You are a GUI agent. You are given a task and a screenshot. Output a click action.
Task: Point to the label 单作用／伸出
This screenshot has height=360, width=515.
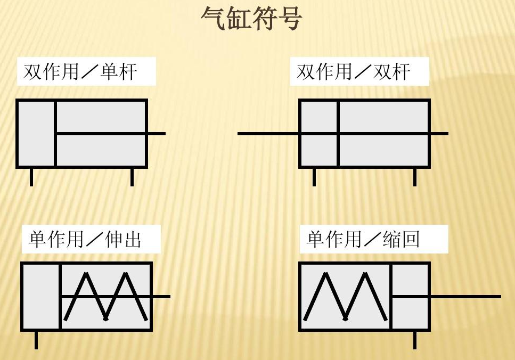[85, 240]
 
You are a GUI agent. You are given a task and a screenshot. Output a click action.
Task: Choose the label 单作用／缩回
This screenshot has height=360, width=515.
[363, 240]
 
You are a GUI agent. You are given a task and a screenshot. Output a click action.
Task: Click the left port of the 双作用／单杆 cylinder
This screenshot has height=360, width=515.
[31, 177]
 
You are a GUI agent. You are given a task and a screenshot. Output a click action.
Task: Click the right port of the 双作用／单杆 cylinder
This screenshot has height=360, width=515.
[132, 177]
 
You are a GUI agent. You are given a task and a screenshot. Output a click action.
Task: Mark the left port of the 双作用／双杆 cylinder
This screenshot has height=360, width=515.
[314, 177]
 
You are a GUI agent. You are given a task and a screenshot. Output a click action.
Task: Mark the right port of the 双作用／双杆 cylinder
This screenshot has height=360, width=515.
[414, 177]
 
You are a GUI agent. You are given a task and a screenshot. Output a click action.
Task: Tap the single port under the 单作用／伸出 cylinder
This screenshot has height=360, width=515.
[36, 339]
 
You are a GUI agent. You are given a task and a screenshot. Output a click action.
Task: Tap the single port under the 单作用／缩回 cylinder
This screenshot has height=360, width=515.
[414, 339]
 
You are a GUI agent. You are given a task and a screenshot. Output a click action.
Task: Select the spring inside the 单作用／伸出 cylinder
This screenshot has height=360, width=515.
[105, 297]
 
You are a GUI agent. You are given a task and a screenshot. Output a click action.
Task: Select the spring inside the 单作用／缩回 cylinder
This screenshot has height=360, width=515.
[345, 297]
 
